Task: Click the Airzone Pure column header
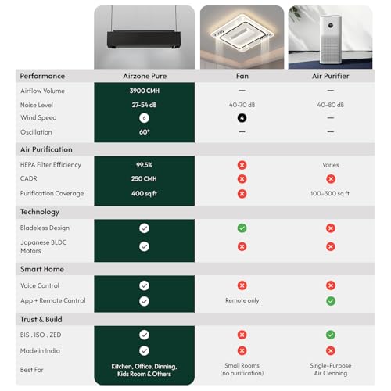coord(145,76)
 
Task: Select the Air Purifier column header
coord(331,76)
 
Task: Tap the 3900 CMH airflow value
coord(145,91)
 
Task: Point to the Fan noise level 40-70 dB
coord(242,105)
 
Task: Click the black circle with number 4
coord(242,118)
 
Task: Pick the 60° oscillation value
coord(145,132)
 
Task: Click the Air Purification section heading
coord(46,149)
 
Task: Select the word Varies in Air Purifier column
coord(331,165)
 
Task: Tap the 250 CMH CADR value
coord(144,179)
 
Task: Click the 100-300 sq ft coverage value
coord(330,193)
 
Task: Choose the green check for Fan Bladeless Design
coord(242,228)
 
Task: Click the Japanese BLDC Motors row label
coord(43,246)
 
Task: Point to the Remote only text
coord(242,300)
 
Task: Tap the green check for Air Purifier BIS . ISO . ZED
coord(331,335)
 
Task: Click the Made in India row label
coord(40,351)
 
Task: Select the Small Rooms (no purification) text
coord(242,369)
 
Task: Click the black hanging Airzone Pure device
coord(144,39)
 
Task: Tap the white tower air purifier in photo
coord(331,39)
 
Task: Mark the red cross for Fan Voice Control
coord(242,285)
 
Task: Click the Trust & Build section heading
coord(41,319)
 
